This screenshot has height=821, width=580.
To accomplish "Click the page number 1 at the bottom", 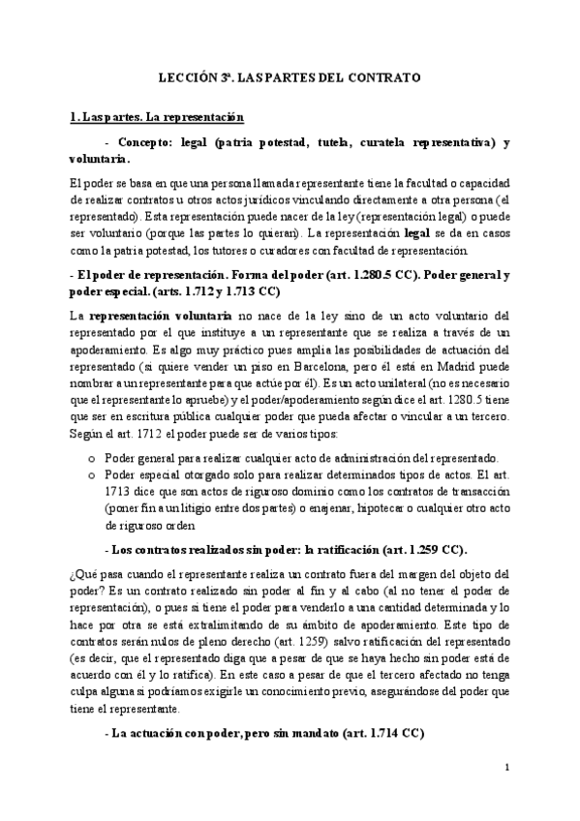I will (506, 768).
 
